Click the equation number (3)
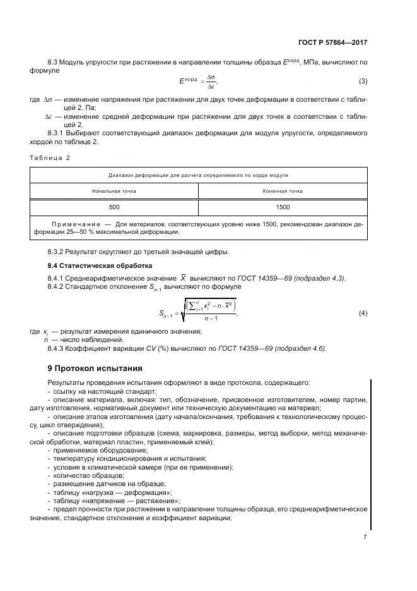pos(363,81)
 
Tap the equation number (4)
pos(363,314)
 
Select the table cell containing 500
pos(114,207)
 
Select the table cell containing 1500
pos(283,207)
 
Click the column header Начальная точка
pos(114,190)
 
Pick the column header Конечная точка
pos(283,190)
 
